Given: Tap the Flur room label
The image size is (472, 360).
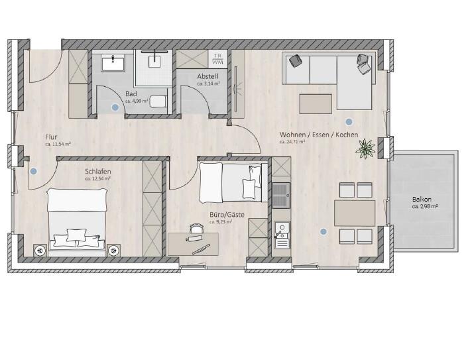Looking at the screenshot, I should point(52,137).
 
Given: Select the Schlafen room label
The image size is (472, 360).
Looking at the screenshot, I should point(97,171).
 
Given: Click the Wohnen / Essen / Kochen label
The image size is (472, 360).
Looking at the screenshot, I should point(318,135).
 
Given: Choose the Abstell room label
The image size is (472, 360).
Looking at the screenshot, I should point(207,77).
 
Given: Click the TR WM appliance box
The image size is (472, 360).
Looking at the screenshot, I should point(217,58).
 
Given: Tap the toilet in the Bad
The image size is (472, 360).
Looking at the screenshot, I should point(157,101).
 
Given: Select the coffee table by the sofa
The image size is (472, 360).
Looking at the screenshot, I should point(315,103).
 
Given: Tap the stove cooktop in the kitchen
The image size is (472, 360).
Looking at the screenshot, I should point(281,194).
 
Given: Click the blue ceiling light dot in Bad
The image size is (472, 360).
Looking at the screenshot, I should point(115,106).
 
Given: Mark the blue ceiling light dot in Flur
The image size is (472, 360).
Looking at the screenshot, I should point(34,170).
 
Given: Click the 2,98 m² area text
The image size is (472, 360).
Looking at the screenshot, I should point(425,206).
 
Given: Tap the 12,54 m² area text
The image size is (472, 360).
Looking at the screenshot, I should point(97,178).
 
